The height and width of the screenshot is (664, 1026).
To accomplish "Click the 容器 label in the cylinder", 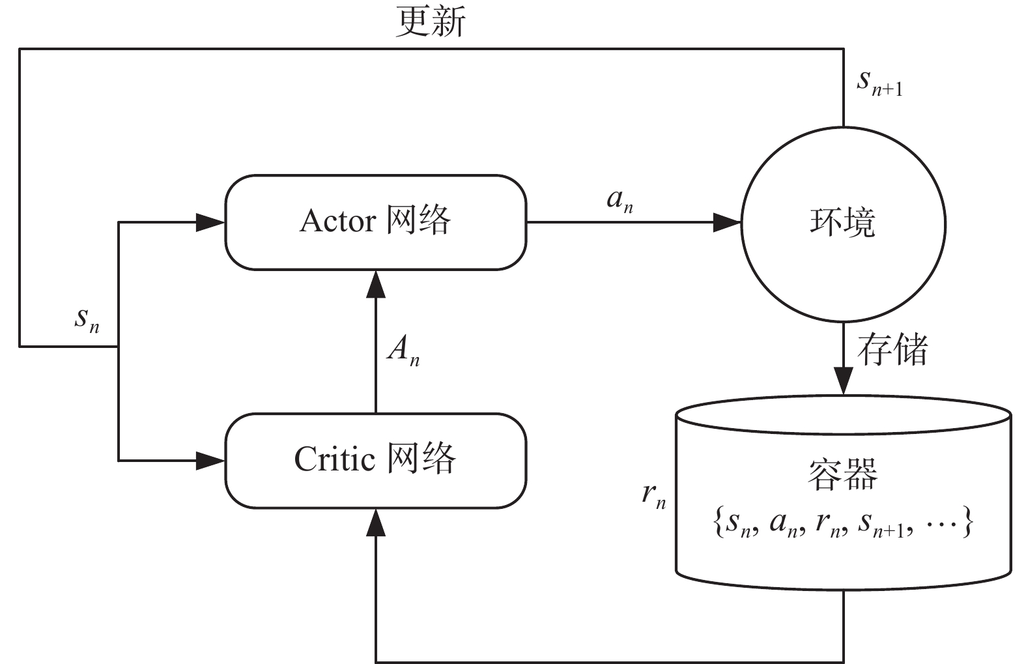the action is coord(842,474).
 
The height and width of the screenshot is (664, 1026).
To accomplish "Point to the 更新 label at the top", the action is coord(431,22).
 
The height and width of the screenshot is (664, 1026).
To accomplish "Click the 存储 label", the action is coord(892,349).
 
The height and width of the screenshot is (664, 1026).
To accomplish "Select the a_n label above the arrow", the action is coord(620,200).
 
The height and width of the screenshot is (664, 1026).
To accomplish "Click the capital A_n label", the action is coord(403,351).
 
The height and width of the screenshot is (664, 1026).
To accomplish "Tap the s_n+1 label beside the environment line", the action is coord(880,84).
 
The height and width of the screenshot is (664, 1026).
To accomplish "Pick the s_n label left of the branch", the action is coord(87,319).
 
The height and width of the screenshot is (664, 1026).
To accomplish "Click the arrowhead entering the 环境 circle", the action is coord(728,223).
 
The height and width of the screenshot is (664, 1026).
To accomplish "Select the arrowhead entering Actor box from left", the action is coord(210,223).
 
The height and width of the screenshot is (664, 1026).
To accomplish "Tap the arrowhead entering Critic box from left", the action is coord(210,461).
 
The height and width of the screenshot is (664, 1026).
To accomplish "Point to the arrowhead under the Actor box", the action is coord(376,284).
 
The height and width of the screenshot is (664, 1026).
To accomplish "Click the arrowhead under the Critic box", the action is coord(376,523).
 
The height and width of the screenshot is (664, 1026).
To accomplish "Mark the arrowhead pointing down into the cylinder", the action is coord(843,381).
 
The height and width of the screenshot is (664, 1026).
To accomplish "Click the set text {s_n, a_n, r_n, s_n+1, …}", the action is coord(843,523).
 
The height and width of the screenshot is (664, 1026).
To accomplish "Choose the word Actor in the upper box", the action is coord(337,222).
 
